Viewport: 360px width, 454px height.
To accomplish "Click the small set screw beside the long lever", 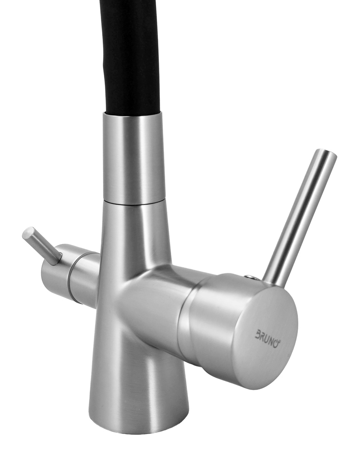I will tap(249, 276).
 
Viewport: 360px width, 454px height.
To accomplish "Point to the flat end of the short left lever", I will tap(28, 233).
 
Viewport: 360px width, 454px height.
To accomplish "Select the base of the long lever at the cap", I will tap(272, 281).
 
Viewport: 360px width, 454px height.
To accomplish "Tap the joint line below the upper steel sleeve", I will tap(134, 202).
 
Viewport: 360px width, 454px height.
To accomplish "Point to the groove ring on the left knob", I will tap(73, 276).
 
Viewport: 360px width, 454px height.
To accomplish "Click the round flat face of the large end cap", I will tap(268, 336).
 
